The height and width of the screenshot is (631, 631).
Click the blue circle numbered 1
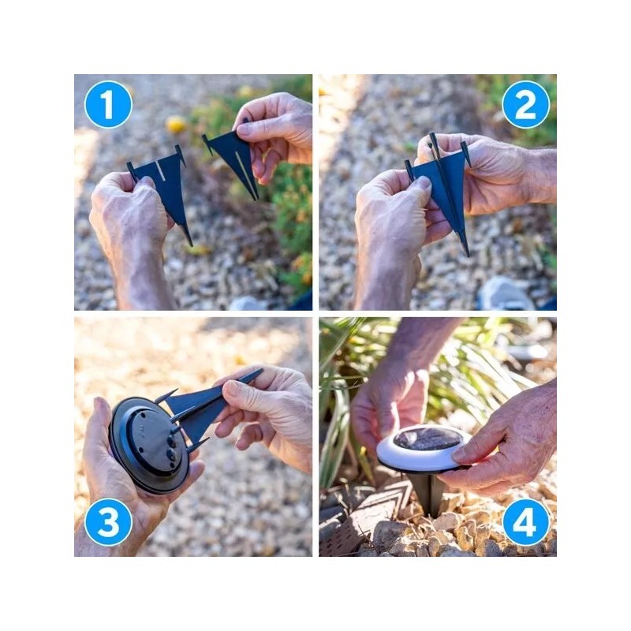point(107,104)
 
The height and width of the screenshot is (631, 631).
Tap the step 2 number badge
point(525,104)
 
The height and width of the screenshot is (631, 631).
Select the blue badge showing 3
point(107,522)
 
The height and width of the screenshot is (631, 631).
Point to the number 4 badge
point(525,522)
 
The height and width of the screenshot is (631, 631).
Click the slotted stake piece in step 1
point(164,186)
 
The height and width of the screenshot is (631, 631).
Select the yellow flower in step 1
point(175,125)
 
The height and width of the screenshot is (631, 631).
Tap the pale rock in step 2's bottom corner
point(505,293)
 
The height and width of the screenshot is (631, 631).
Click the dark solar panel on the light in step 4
point(428,439)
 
